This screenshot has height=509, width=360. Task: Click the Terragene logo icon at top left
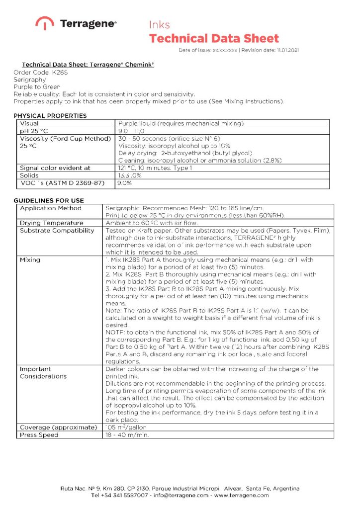click(45, 23)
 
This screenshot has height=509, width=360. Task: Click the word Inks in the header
click(159, 24)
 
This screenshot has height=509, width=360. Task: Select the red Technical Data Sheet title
click(214, 38)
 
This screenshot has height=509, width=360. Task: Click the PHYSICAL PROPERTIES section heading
click(50, 116)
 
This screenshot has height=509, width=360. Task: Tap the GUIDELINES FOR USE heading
click(49, 200)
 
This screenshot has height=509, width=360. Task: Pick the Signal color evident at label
click(55, 168)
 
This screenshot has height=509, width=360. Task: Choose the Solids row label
click(29, 175)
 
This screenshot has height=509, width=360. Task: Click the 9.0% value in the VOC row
click(124, 183)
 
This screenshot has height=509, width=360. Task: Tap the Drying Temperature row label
click(51, 223)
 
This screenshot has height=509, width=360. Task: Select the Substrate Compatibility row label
click(57, 231)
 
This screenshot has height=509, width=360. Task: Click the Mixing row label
click(30, 260)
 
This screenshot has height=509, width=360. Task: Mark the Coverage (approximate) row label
click(58, 427)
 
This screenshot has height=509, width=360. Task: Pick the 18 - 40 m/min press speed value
click(127, 435)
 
